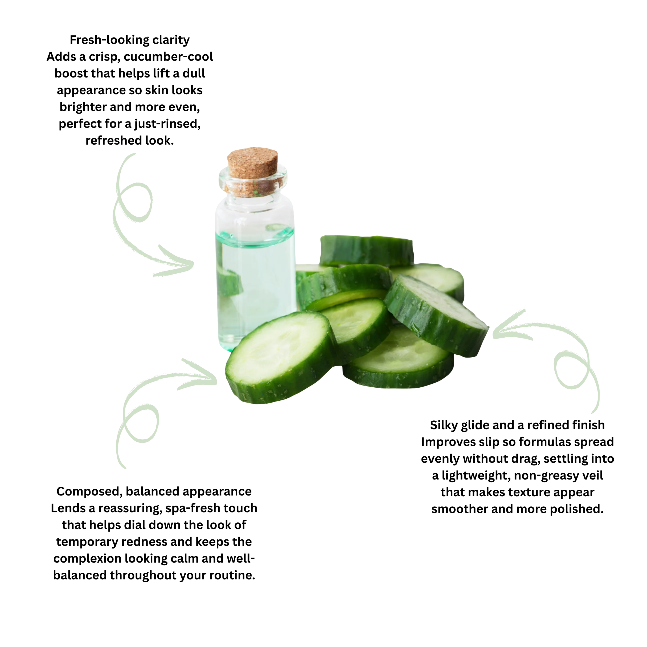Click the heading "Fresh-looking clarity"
pos(130,40)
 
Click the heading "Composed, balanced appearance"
pos(154,491)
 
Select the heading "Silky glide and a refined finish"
pos(517,425)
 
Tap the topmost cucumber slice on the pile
pos(367,249)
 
